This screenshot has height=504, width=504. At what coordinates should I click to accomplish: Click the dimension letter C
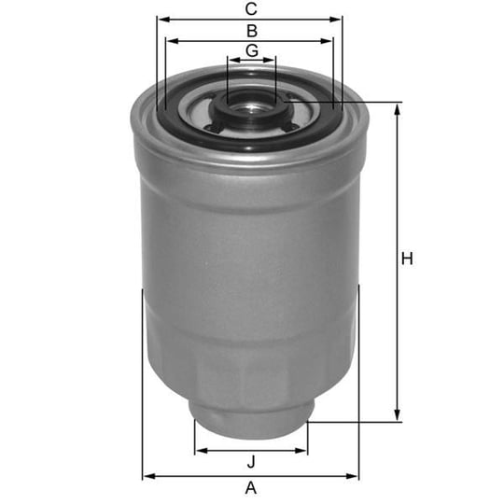coord(251,9)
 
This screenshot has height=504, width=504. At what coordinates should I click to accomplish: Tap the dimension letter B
coord(252,31)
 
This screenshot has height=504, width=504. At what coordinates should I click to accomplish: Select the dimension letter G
coord(252,50)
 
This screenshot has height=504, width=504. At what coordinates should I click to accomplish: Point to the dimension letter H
coord(407,259)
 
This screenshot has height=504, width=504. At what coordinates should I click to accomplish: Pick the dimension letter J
coord(251,462)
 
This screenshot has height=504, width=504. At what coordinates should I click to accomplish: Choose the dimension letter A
coord(251,488)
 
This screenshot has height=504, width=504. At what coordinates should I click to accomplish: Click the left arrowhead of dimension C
coord(164,20)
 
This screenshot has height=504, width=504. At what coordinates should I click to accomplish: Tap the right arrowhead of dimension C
coord(335,20)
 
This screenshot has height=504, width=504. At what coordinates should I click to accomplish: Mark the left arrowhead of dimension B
coord(173,41)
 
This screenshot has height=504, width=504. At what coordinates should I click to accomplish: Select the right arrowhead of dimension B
coord(326,41)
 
